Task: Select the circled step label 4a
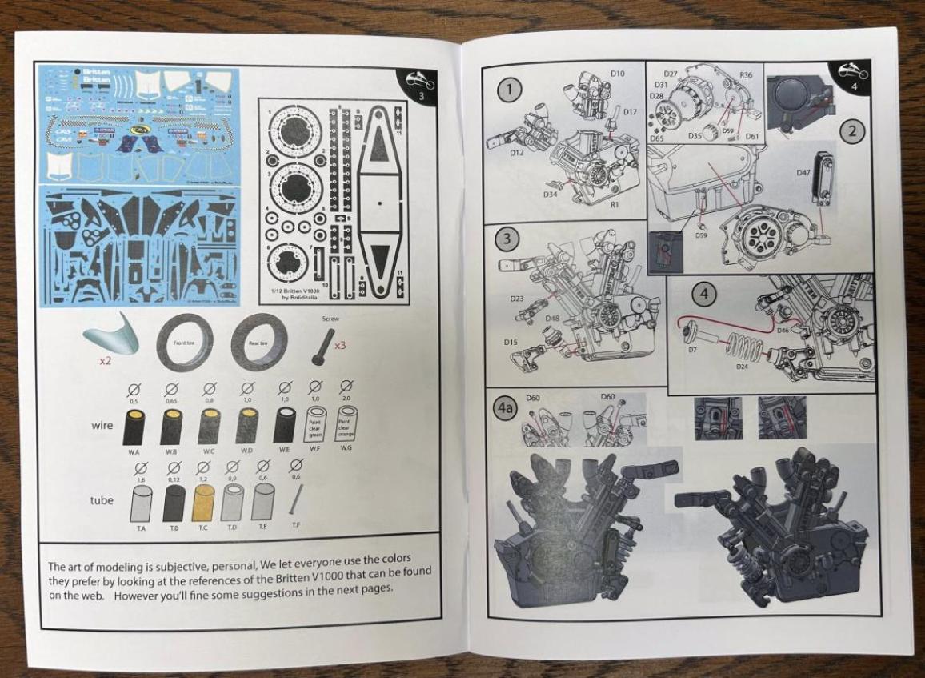coord(506,407)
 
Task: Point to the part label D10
coord(617,74)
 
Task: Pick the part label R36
coord(746,74)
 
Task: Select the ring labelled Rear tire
coord(261,342)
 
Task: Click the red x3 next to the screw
coord(340,346)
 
